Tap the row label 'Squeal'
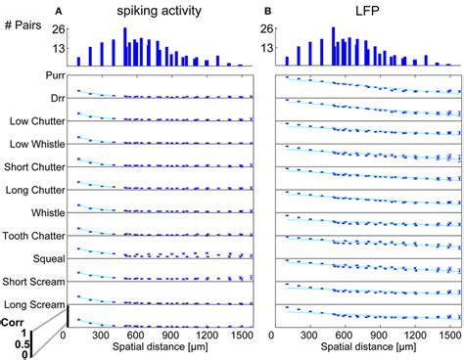pyautogui.click(x=49, y=259)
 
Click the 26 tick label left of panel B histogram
pyautogui.click(x=268, y=29)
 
